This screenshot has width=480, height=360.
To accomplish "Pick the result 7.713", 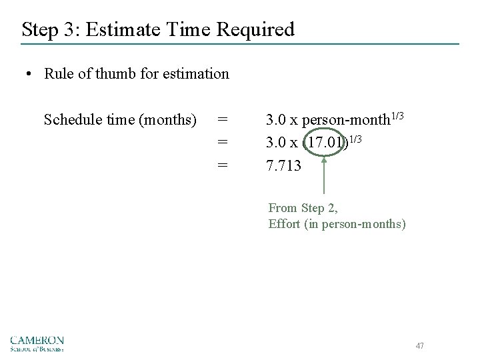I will click(283, 165).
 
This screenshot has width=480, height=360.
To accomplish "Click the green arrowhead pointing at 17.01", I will click(325, 160).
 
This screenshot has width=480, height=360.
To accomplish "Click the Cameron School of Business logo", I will click(37, 341).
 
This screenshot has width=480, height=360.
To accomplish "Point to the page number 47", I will click(419, 345).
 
